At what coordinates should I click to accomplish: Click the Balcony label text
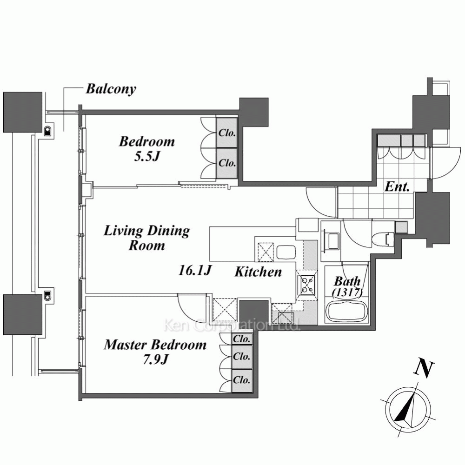[x=111, y=89]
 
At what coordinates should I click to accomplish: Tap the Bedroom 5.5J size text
[x=147, y=156]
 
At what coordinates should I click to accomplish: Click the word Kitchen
[x=258, y=272]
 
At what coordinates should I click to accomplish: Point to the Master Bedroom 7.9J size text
[x=155, y=360]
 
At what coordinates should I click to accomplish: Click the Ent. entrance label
[x=397, y=187]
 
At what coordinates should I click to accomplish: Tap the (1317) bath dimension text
[x=347, y=292]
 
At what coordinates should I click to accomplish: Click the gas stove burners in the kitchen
[x=307, y=284]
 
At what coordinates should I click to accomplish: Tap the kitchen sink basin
[x=286, y=252]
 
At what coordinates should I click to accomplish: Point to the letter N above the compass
[x=425, y=369]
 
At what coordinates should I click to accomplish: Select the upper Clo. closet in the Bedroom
[x=227, y=133]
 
